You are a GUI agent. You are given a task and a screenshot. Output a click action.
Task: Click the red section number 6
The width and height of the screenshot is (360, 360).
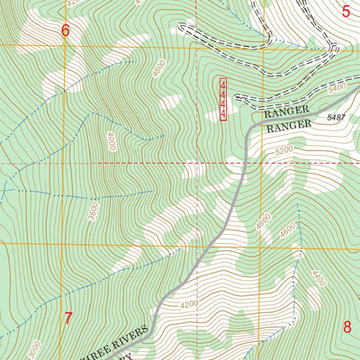65,31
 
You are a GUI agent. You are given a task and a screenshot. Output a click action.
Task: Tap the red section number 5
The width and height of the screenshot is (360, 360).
346,10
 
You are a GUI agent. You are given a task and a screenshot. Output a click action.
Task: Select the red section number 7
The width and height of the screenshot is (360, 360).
67,318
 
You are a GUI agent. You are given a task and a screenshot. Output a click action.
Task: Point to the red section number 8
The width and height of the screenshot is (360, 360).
347,326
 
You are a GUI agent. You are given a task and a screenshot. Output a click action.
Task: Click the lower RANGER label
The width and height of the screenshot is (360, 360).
287,129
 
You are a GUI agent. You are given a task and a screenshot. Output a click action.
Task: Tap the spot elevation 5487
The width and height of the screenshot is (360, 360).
337,118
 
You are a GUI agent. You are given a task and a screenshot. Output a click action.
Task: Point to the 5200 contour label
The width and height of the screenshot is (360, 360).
284,150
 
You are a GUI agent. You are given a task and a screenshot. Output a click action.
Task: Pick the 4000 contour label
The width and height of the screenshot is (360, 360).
111,140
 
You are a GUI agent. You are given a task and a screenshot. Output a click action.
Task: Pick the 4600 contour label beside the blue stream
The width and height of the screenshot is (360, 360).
286,230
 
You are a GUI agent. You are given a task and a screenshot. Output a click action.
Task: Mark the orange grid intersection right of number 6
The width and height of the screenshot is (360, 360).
198,45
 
